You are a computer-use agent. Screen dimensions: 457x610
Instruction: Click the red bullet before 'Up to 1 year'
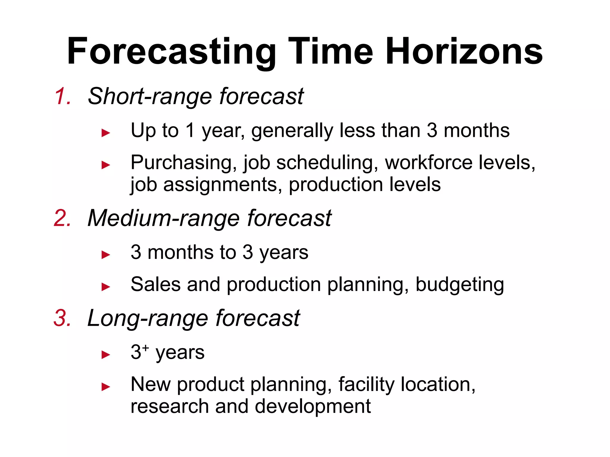(106, 133)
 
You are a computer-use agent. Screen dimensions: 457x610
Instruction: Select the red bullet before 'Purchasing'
(106, 165)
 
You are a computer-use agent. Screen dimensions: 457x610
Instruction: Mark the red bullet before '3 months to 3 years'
(106, 255)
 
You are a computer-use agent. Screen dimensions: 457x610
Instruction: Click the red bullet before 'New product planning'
(106, 387)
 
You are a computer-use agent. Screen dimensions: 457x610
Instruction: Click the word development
(313, 406)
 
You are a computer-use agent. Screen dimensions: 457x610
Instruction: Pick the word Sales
(155, 284)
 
